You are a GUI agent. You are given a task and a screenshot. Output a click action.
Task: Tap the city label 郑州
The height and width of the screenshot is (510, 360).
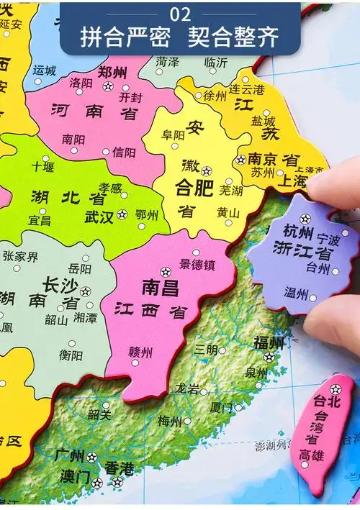[112, 72]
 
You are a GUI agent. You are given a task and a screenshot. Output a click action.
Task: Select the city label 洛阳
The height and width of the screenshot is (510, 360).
[81, 83]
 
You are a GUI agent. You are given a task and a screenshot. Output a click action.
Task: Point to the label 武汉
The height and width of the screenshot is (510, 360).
[99, 215]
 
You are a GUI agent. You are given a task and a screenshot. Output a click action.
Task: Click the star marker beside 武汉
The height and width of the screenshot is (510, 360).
[122, 214]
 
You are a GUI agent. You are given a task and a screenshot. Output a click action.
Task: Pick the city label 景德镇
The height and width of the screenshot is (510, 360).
[197, 264]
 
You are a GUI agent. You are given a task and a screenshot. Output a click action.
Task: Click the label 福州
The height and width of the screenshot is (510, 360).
[269, 342]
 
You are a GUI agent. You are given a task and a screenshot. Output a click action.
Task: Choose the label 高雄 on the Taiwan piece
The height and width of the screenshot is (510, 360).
[312, 455]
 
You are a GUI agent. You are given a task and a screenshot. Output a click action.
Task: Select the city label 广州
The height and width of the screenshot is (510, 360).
[70, 455]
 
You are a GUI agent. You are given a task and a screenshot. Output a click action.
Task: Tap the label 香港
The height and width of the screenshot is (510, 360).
[119, 468]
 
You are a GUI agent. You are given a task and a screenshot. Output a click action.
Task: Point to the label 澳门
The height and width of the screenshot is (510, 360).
[75, 476]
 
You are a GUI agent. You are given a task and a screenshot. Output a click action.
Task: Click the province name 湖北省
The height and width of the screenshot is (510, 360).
[68, 196]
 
